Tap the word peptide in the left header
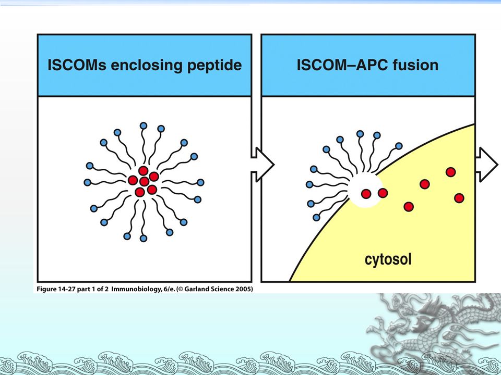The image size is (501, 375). (x=216, y=65)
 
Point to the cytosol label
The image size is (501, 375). (x=388, y=259)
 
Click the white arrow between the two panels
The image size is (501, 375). (x=263, y=164)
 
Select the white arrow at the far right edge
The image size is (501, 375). (x=488, y=164)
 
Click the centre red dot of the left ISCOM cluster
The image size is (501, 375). (x=144, y=181)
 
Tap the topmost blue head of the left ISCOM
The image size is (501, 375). (x=144, y=126)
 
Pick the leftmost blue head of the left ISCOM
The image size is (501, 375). (x=87, y=182)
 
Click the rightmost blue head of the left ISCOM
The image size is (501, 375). (x=201, y=182)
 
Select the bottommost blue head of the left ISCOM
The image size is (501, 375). (x=144, y=238)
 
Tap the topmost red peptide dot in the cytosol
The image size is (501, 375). (x=450, y=172)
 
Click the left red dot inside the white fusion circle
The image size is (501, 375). (x=366, y=194)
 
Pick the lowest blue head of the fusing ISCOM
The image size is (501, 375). (x=317, y=217)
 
